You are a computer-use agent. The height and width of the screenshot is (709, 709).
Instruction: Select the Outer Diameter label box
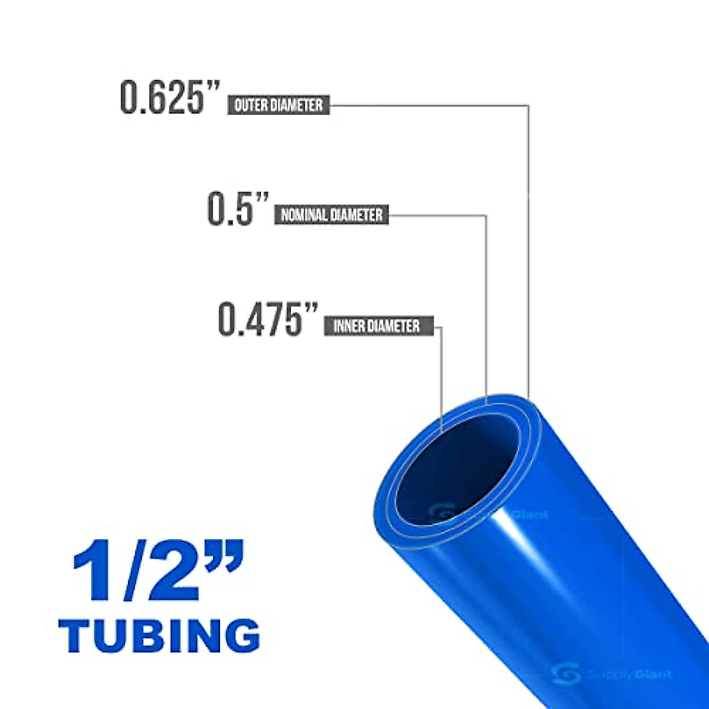[278, 105]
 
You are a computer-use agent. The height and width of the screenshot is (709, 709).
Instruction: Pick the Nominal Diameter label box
[331, 214]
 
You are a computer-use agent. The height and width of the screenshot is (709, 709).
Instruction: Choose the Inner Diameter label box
[378, 326]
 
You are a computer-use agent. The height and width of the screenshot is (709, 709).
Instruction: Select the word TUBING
[160, 635]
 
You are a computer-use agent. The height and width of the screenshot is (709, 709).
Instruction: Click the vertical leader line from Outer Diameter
[528, 248]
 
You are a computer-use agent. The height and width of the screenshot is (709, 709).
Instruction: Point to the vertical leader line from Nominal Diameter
[486, 307]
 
